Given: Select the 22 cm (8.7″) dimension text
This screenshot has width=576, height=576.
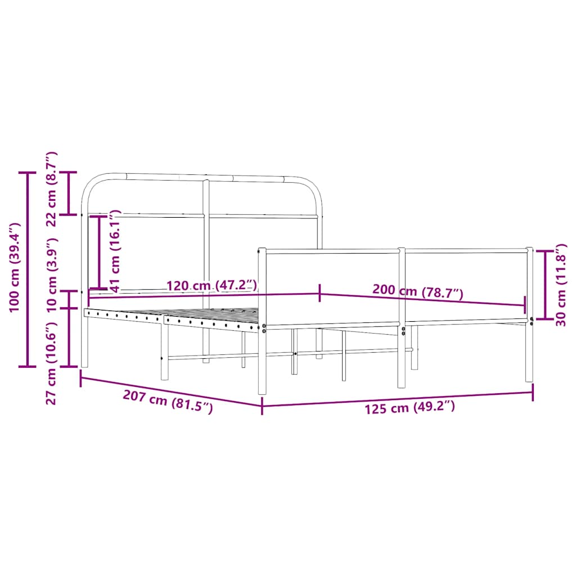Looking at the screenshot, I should click(x=52, y=188).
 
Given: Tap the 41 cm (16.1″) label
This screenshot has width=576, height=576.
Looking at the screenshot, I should click(x=115, y=251).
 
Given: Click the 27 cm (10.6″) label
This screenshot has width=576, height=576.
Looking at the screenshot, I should click(x=52, y=363).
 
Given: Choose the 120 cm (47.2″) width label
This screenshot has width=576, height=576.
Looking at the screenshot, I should click(x=211, y=286).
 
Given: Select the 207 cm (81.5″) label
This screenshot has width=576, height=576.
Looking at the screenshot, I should click(x=168, y=402).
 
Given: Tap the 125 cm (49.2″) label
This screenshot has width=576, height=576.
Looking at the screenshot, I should click(x=410, y=407).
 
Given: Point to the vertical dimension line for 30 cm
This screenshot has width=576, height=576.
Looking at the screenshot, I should click(x=545, y=285).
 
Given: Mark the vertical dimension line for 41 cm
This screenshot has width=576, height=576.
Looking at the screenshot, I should click(x=100, y=251).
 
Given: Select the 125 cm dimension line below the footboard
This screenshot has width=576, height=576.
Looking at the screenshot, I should click(x=397, y=398).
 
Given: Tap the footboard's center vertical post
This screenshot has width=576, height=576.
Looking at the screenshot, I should click(x=402, y=318).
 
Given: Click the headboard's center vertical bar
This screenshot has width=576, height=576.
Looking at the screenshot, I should click(x=206, y=253).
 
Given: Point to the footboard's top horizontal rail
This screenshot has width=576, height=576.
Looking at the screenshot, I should click(x=394, y=250).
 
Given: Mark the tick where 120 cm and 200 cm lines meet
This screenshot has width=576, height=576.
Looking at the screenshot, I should click(x=320, y=293).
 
